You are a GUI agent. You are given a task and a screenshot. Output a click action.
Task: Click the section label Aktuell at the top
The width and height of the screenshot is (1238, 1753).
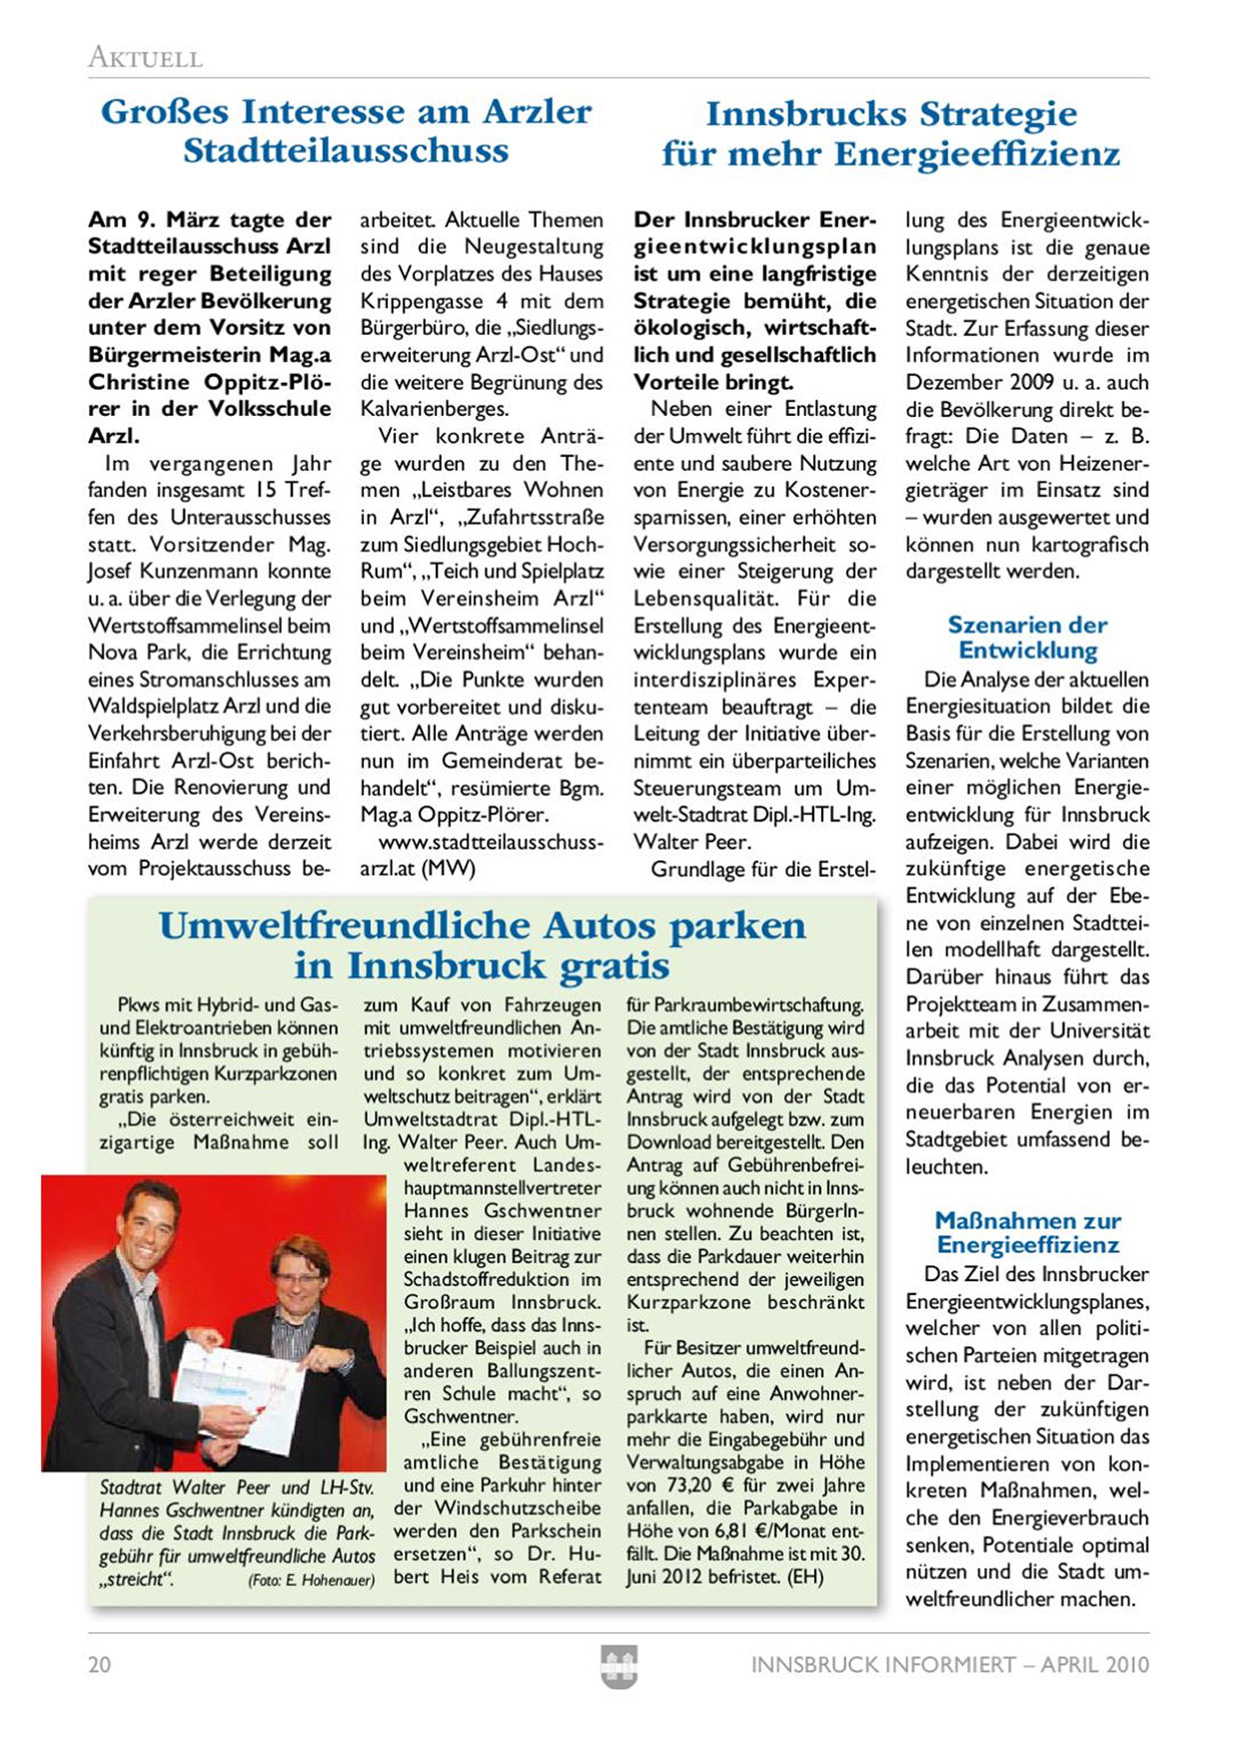coord(146,57)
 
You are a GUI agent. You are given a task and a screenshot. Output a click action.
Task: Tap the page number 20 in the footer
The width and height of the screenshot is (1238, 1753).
coord(100,1664)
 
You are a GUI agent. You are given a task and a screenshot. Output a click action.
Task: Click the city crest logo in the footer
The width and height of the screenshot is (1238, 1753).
coord(619,1666)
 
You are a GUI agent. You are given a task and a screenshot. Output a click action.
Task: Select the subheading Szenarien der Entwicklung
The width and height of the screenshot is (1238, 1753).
coord(1027,638)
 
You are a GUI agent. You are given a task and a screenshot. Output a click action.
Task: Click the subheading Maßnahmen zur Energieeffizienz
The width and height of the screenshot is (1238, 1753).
coord(1027,1232)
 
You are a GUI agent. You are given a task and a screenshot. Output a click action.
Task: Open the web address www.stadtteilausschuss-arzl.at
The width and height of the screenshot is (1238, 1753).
coord(482,855)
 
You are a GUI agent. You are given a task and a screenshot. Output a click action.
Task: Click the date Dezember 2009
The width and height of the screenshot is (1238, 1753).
coord(977,382)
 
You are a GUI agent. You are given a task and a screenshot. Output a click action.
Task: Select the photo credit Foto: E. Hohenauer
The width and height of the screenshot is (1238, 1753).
coord(312,1580)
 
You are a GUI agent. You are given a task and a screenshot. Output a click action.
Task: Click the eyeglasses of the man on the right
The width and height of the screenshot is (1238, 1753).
coord(299,1276)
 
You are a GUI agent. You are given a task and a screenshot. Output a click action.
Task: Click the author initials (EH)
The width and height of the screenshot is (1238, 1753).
coord(805,1577)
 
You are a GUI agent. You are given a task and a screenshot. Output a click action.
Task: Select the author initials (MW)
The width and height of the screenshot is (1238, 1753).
coord(448,869)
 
